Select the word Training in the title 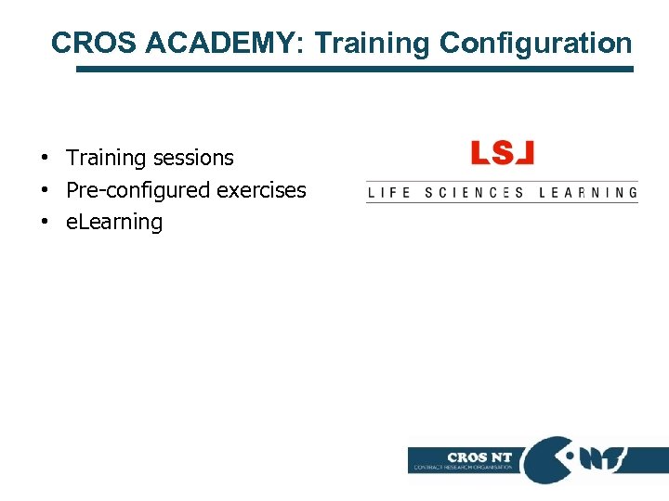pos(373,43)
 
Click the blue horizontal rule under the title pos(353,69)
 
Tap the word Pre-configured pos(138,190)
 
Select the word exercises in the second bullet pos(261,190)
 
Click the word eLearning pos(114,223)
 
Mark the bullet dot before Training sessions pos(44,159)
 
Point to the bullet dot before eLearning pos(44,223)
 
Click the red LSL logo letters pos(503,153)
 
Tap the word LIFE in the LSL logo pos(389,193)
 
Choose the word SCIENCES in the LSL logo pos(474,193)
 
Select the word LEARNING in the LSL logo pos(589,193)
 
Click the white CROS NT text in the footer pos(479,456)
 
